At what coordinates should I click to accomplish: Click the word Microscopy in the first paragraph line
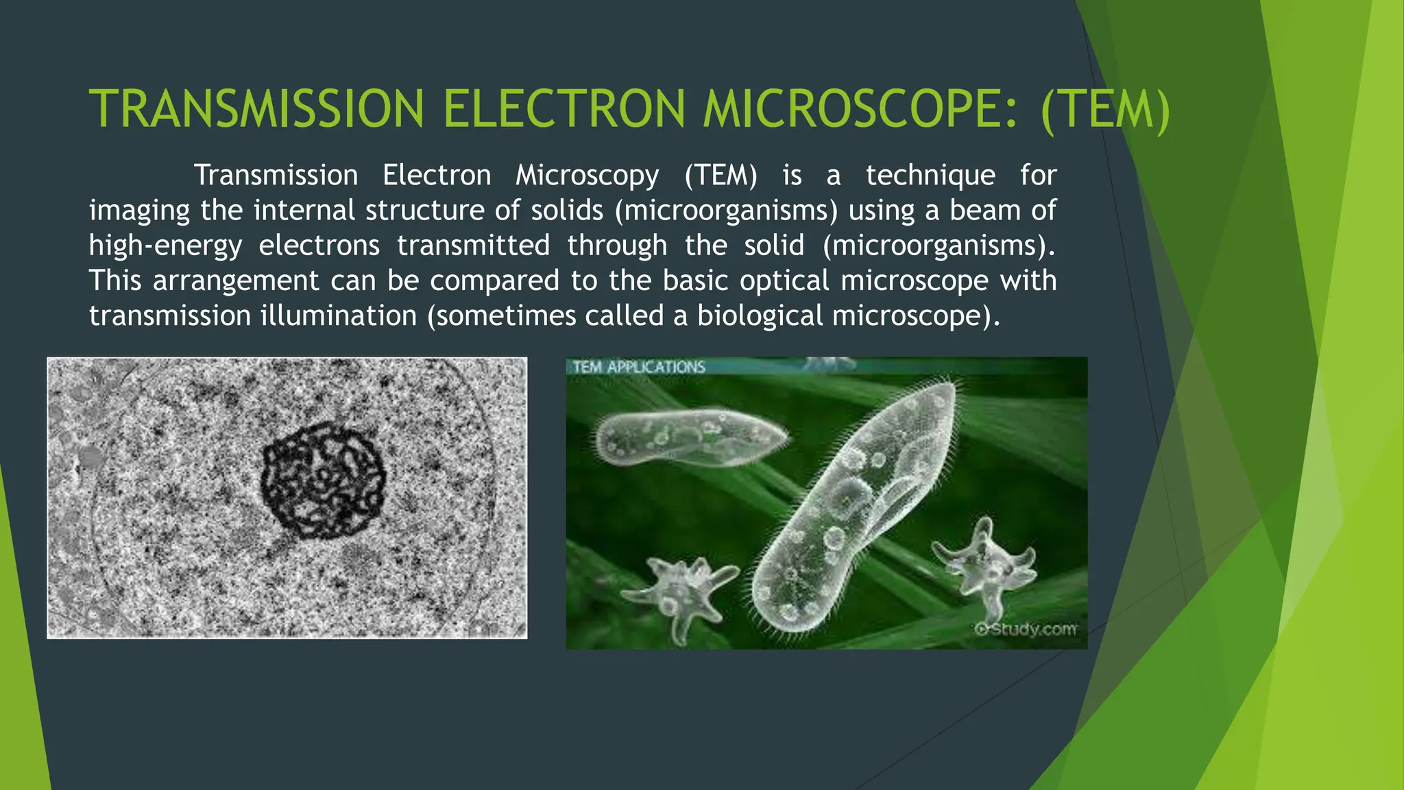587,176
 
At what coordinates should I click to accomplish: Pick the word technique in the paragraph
930,176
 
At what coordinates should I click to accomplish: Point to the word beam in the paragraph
984,211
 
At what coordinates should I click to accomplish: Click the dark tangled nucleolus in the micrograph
322,480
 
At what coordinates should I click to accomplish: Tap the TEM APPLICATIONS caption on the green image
638,367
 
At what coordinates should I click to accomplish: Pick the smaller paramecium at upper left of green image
689,439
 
